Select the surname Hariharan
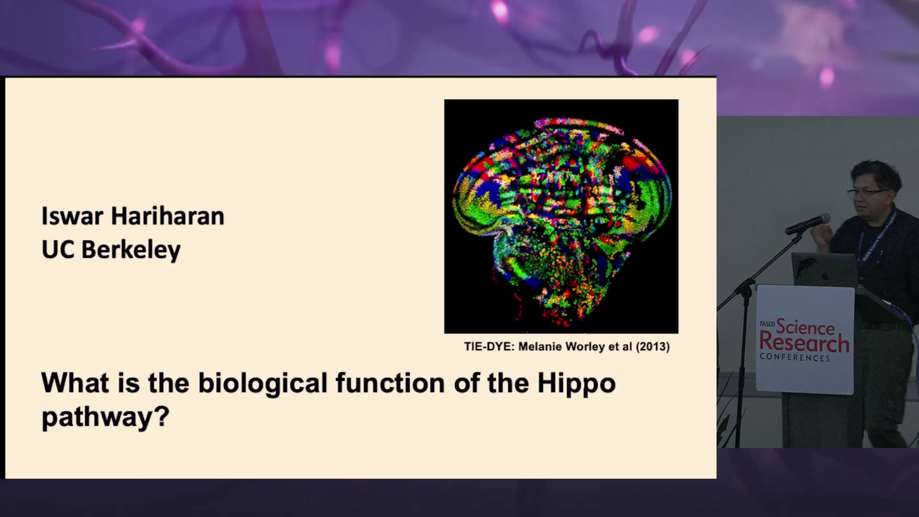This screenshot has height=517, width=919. [168, 216]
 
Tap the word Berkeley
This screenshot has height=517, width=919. [131, 250]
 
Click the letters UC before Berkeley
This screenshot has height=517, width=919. [58, 249]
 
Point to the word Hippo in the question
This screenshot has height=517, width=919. [576, 384]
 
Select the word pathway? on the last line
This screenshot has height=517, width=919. [106, 417]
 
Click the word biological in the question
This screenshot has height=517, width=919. [263, 383]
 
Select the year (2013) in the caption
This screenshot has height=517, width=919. [652, 347]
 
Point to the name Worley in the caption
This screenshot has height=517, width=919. [584, 347]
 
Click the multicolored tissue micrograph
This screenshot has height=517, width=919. [561, 216]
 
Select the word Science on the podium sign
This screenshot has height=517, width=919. [805, 327]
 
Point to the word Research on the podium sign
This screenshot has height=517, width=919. [804, 343]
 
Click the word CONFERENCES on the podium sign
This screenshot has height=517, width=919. [795, 358]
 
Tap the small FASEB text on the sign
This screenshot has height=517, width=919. [767, 324]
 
